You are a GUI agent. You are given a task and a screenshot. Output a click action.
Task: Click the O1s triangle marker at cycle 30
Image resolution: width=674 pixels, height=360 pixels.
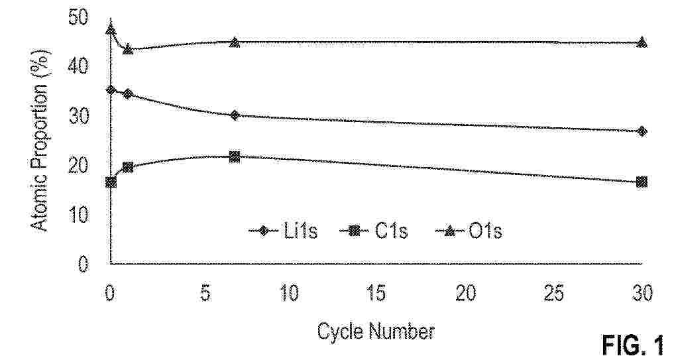[x=642, y=42]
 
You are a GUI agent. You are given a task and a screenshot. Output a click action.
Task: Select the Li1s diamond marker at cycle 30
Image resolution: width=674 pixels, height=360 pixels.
[x=642, y=131]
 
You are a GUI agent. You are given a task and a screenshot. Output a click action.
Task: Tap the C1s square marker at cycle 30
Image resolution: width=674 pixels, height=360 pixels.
[x=642, y=182]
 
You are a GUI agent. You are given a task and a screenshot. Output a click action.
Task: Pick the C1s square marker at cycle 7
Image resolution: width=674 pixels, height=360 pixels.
[x=234, y=156]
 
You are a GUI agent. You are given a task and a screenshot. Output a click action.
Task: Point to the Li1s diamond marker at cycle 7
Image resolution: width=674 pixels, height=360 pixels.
[x=234, y=115]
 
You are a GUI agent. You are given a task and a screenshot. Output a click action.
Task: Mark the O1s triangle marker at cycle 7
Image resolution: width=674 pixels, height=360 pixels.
[x=234, y=42]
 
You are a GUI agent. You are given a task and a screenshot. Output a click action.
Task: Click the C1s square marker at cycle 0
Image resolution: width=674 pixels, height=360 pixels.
[x=111, y=182]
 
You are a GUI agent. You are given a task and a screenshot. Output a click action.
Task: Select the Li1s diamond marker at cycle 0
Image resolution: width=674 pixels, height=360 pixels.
[x=111, y=90]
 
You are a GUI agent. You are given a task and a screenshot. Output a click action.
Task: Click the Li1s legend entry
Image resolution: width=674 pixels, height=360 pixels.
[x=283, y=231]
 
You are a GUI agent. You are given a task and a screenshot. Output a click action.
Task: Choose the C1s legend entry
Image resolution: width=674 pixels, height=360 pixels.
[x=374, y=231]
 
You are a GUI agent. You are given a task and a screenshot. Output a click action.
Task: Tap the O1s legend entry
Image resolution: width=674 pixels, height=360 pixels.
[x=469, y=231]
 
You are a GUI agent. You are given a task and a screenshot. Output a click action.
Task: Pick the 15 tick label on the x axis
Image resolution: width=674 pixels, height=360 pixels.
[x=376, y=294]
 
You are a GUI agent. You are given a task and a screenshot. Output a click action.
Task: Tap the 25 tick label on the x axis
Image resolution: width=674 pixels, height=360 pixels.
[x=553, y=294]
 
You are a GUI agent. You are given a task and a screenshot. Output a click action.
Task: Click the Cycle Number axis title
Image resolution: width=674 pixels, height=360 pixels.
[x=376, y=331]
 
